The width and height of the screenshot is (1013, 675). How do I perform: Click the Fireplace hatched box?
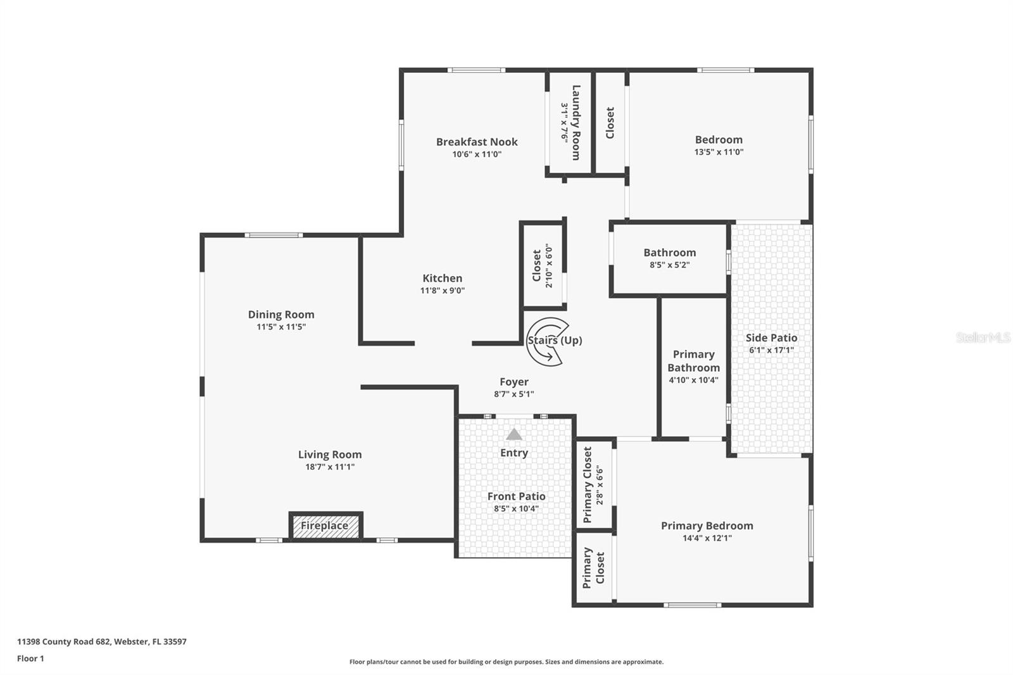point(325,526)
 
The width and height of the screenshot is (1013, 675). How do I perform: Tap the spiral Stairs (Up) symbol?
point(547,341)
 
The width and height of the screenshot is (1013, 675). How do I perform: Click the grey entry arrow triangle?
point(514,434)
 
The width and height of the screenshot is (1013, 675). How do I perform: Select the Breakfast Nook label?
point(477,142)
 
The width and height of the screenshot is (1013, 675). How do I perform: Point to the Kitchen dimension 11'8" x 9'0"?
point(443,291)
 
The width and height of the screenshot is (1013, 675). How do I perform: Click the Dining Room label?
point(281,315)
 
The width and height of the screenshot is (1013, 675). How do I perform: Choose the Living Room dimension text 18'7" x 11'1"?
point(330,467)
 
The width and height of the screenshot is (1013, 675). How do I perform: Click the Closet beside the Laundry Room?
point(610,122)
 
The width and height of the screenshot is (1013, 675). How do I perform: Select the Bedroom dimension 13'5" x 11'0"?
point(719,152)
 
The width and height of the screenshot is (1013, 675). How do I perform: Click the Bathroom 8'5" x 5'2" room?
point(669,258)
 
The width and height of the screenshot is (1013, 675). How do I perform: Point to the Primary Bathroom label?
point(693,361)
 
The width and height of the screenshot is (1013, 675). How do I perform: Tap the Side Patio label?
point(771,338)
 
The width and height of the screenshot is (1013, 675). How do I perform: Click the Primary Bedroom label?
point(707,526)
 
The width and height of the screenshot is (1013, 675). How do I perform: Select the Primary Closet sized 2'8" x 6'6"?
point(593,484)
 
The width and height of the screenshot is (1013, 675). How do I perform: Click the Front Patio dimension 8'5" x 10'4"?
point(516,508)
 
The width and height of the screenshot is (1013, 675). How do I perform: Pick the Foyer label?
point(513,382)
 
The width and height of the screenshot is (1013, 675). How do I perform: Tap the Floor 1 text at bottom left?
point(30,659)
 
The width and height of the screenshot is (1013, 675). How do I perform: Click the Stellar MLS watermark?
point(983,337)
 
